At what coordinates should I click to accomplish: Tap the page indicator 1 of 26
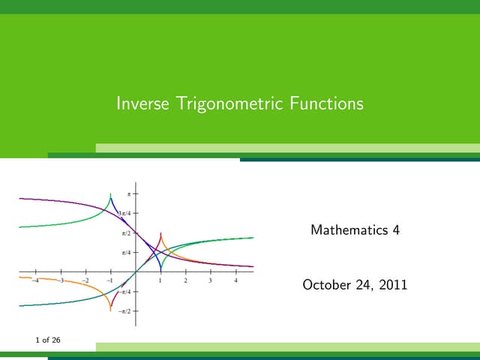coord(48,340)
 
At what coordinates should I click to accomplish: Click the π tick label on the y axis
coord(128,193)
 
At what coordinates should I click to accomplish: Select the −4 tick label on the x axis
coord(34,280)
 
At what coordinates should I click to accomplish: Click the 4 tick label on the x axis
coord(235,280)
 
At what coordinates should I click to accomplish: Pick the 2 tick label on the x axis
coord(185,280)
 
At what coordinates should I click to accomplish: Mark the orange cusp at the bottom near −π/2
coord(110,309)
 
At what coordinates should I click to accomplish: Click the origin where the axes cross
coord(136,271)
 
